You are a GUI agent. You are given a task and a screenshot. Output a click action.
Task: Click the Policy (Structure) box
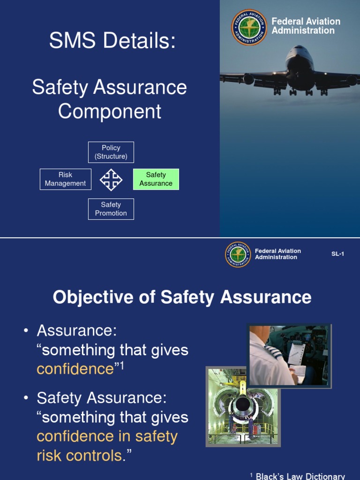coord(111,152)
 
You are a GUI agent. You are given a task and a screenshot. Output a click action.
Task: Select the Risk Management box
coord(66,179)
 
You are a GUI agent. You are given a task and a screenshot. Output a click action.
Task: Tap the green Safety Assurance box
coord(156,179)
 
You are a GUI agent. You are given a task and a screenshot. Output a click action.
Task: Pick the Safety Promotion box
coord(111,209)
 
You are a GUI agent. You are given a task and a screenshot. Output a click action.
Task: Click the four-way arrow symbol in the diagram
coord(111,180)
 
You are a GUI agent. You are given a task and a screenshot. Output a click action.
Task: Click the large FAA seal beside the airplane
coord(249,27)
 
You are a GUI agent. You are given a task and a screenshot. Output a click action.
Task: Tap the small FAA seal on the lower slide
coord(238,255)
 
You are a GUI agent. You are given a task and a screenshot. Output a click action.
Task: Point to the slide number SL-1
coord(337,254)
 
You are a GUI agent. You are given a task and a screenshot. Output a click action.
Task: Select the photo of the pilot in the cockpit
coord(289,355)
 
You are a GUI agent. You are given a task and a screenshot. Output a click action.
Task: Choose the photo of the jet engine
coord(243,406)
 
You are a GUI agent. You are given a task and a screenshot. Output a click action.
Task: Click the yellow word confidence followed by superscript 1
coord(75,369)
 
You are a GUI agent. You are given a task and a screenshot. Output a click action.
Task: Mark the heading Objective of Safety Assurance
coord(182,297)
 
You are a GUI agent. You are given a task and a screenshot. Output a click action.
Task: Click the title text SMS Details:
coord(112,41)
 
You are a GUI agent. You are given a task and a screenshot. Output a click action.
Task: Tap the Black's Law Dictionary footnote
coord(300,476)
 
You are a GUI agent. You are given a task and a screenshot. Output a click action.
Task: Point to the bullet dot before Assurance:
coord(26,331)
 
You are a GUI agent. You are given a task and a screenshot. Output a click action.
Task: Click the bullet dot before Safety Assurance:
coord(26,398)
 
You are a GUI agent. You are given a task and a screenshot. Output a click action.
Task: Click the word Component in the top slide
coord(110,112)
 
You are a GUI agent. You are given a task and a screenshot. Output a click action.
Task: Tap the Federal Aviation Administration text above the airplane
coord(306,26)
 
